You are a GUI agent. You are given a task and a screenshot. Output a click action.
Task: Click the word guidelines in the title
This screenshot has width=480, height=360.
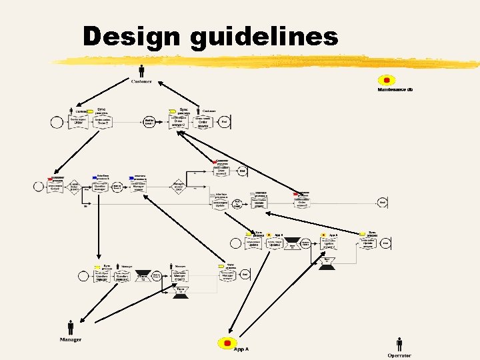pos(264,37)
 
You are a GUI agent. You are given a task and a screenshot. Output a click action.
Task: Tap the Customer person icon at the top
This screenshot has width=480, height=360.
pos(141,70)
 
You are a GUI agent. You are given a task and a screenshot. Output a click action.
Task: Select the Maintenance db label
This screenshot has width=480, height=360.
pos(395,89)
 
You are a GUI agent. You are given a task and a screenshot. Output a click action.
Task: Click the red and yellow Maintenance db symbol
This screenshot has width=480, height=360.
pos(387,80)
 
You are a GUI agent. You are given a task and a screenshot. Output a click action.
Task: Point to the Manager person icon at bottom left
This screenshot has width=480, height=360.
pos(71,327)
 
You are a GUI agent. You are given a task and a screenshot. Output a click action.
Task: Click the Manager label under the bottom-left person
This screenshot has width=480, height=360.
pos(70,340)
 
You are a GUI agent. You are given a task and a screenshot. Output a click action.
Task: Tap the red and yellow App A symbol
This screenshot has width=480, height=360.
pos(227,343)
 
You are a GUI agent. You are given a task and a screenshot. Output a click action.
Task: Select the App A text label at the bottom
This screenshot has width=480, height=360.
pos(241,349)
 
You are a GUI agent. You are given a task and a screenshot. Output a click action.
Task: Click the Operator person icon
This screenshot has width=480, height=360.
pos(399,344)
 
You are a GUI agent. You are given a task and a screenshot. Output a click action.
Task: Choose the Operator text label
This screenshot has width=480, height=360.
pos(399,355)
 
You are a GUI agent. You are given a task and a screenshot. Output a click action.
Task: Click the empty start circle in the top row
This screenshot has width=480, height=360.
pos(56,122)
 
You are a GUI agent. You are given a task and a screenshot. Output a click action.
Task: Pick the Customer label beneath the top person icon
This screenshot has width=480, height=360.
pos(141,81)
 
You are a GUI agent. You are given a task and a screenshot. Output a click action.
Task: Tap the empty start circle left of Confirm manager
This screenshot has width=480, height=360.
pos(83,275)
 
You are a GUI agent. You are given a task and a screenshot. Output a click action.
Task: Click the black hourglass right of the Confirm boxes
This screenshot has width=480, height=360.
pos(142,275)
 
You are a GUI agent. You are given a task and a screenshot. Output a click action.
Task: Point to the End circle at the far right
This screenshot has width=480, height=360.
pos(383,202)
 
